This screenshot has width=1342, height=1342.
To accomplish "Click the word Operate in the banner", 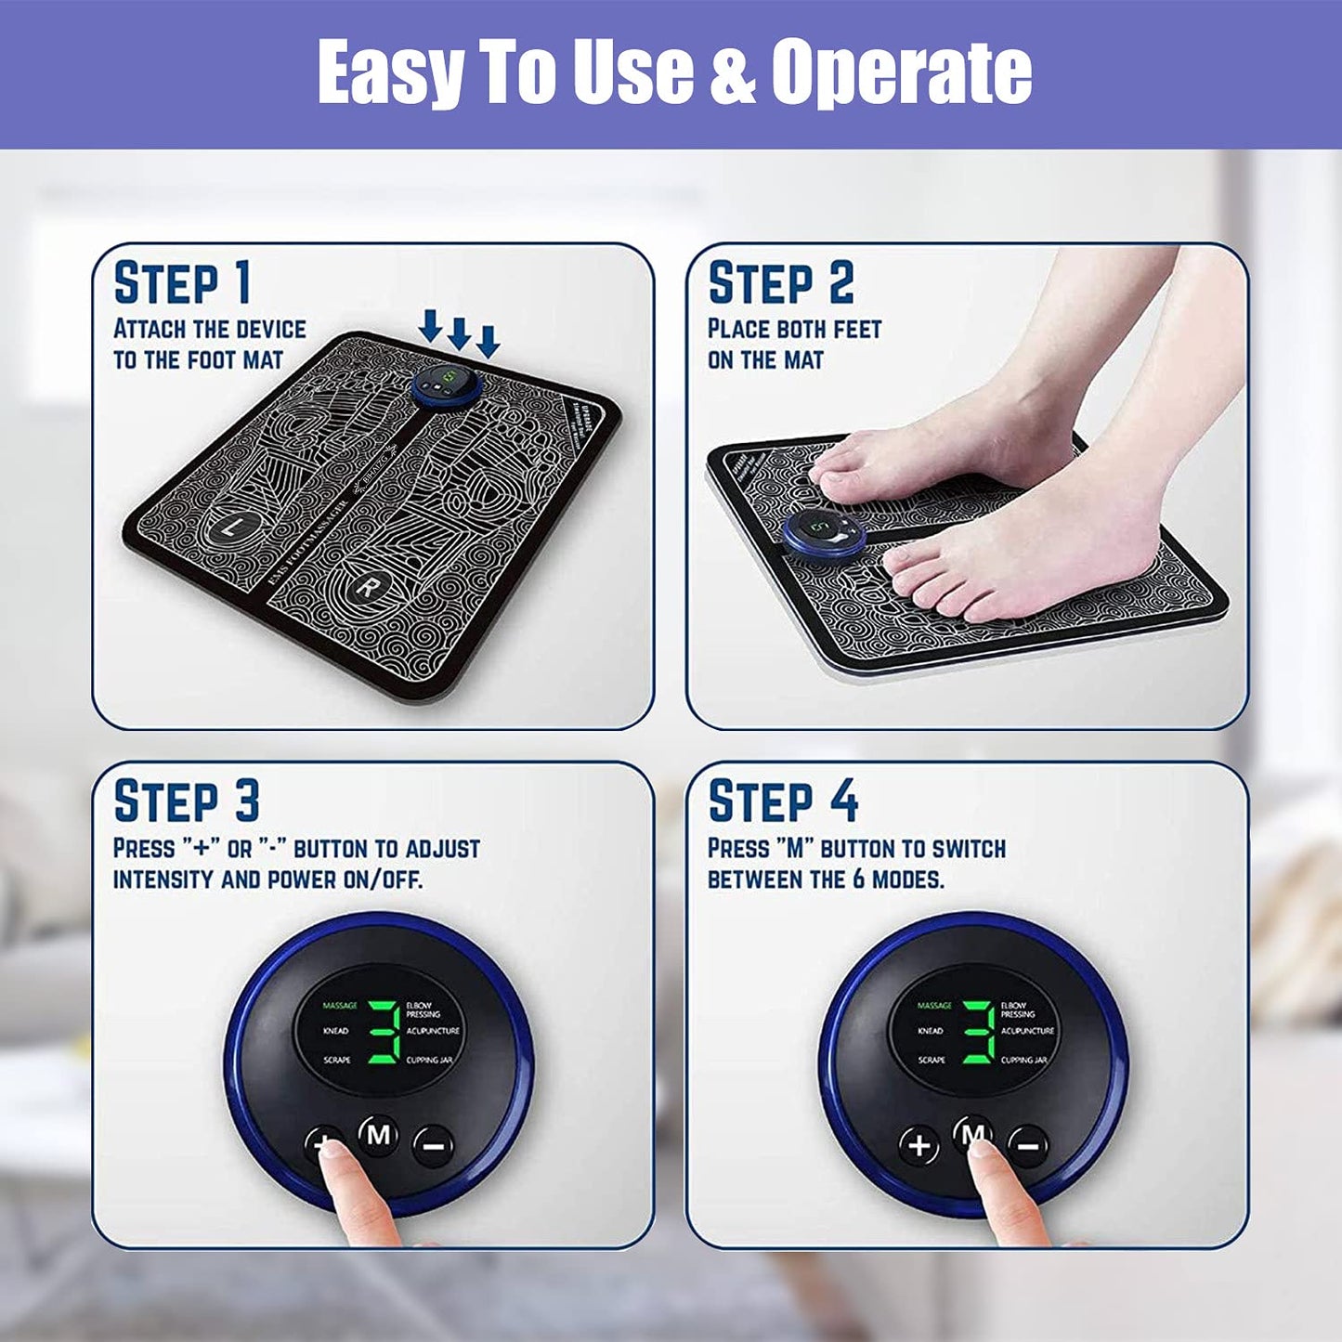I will click(x=901, y=72).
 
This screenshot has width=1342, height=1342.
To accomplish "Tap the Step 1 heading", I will click(x=182, y=282).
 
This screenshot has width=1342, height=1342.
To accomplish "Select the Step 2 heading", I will click(x=780, y=282).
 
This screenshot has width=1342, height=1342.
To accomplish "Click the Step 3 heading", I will click(x=186, y=801).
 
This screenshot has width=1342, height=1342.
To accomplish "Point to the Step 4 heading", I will click(x=783, y=801).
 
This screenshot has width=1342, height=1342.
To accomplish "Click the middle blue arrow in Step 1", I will click(x=459, y=332).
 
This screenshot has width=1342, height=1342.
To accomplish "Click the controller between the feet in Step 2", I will click(x=825, y=534).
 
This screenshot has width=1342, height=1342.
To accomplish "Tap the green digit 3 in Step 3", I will click(x=384, y=1032).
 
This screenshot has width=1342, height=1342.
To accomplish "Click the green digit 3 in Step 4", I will click(x=978, y=1032).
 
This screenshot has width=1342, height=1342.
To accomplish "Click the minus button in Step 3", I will click(x=433, y=1146).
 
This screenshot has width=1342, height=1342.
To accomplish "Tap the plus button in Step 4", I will click(x=919, y=1145).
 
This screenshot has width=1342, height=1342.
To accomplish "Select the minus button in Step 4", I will click(x=1028, y=1146).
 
